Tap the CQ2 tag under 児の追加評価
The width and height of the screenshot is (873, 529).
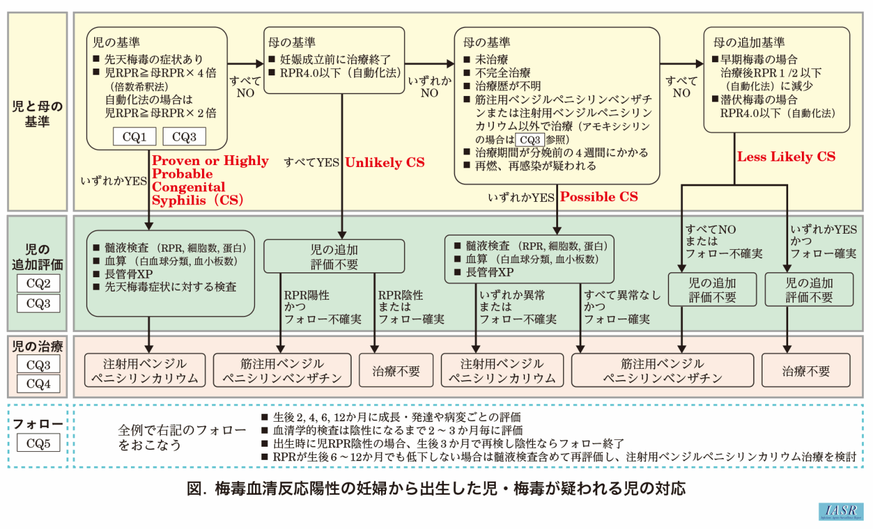pyautogui.click(x=38, y=284)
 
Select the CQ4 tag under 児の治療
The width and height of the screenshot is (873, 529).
pyautogui.click(x=38, y=383)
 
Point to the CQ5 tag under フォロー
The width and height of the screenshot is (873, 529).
pyautogui.click(x=38, y=444)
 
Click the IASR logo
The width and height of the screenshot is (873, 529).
pyautogui.click(x=841, y=511)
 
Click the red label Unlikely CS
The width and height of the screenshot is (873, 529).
pyautogui.click(x=385, y=163)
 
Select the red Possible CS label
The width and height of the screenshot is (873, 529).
pyautogui.click(x=599, y=197)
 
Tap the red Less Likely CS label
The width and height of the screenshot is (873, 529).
pyautogui.click(x=786, y=157)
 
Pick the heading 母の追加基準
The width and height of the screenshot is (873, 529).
pyautogui.click(x=749, y=43)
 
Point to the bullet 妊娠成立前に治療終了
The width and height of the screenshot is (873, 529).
pyautogui.click(x=330, y=60)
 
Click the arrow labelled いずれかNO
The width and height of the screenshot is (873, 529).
pyautogui.click(x=429, y=87)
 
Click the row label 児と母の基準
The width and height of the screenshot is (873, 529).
pyautogui.click(x=38, y=113)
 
